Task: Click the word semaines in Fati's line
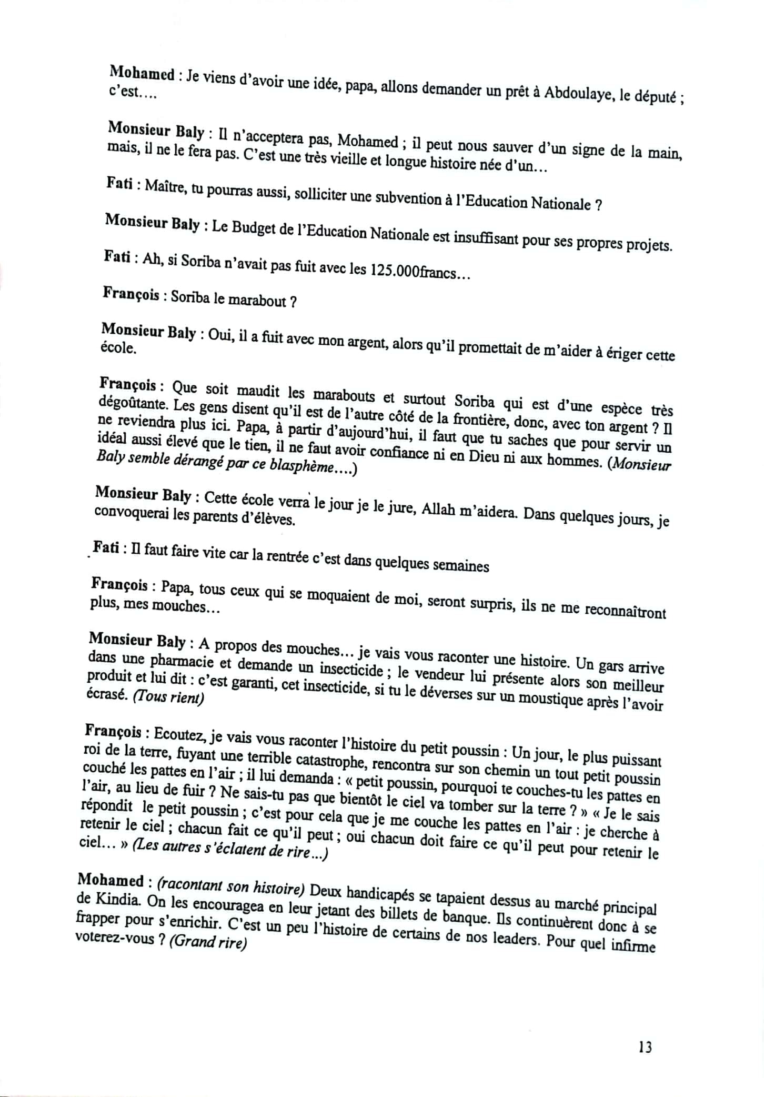pos(460,566)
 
